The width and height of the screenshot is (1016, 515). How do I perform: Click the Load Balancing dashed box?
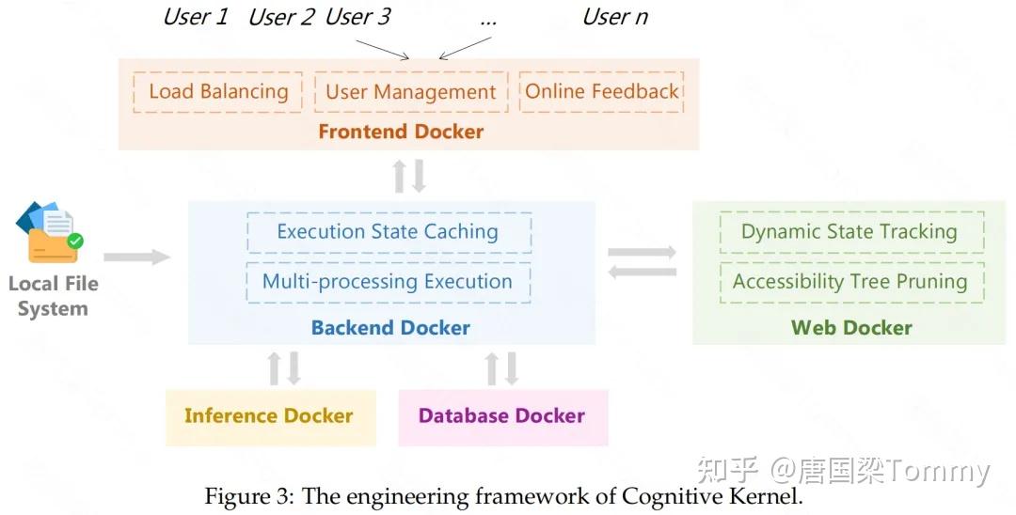(x=218, y=92)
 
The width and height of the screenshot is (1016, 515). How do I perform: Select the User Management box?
(x=410, y=92)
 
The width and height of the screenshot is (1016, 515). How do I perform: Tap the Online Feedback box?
(x=601, y=92)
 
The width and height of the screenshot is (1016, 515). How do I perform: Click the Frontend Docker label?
(x=401, y=132)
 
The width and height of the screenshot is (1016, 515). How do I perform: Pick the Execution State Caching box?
(x=388, y=232)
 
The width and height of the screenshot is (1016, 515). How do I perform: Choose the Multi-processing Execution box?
(x=388, y=282)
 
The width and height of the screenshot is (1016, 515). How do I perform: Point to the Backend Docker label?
(x=390, y=328)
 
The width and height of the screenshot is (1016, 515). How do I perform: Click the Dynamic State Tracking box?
(x=849, y=232)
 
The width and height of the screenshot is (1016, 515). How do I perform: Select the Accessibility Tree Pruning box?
(x=849, y=282)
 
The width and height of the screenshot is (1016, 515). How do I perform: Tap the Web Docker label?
(x=851, y=328)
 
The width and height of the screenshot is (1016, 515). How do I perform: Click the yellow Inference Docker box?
(x=269, y=416)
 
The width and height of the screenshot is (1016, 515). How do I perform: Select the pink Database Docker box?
(x=502, y=416)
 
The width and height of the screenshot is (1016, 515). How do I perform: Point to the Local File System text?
(x=53, y=296)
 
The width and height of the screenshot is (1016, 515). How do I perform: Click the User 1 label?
(x=196, y=17)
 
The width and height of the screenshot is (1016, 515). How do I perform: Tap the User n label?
(x=615, y=17)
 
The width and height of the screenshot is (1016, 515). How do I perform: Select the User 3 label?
(x=357, y=17)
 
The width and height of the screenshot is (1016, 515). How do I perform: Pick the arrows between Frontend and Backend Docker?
(x=409, y=176)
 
